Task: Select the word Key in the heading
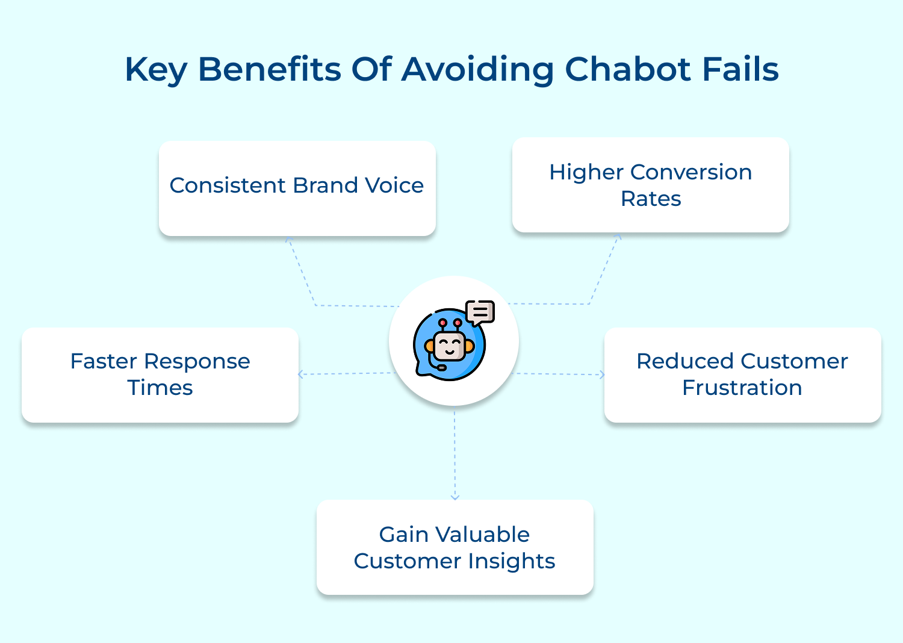[156, 70]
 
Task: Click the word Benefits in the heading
[270, 69]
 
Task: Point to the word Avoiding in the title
[477, 70]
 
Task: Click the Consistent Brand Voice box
[297, 188]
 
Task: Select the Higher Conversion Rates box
[650, 185]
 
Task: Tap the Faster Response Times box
[160, 374]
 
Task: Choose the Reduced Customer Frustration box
[742, 374]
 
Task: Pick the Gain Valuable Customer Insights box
[455, 547]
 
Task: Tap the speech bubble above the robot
[480, 312]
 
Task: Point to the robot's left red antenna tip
[442, 323]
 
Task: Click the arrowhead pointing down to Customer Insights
[455, 497]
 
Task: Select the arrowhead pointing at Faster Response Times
[301, 374]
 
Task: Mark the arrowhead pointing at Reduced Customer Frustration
[601, 374]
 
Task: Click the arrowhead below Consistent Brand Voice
[288, 239]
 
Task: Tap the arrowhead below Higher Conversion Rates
[618, 237]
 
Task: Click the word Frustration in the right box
[742, 388]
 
